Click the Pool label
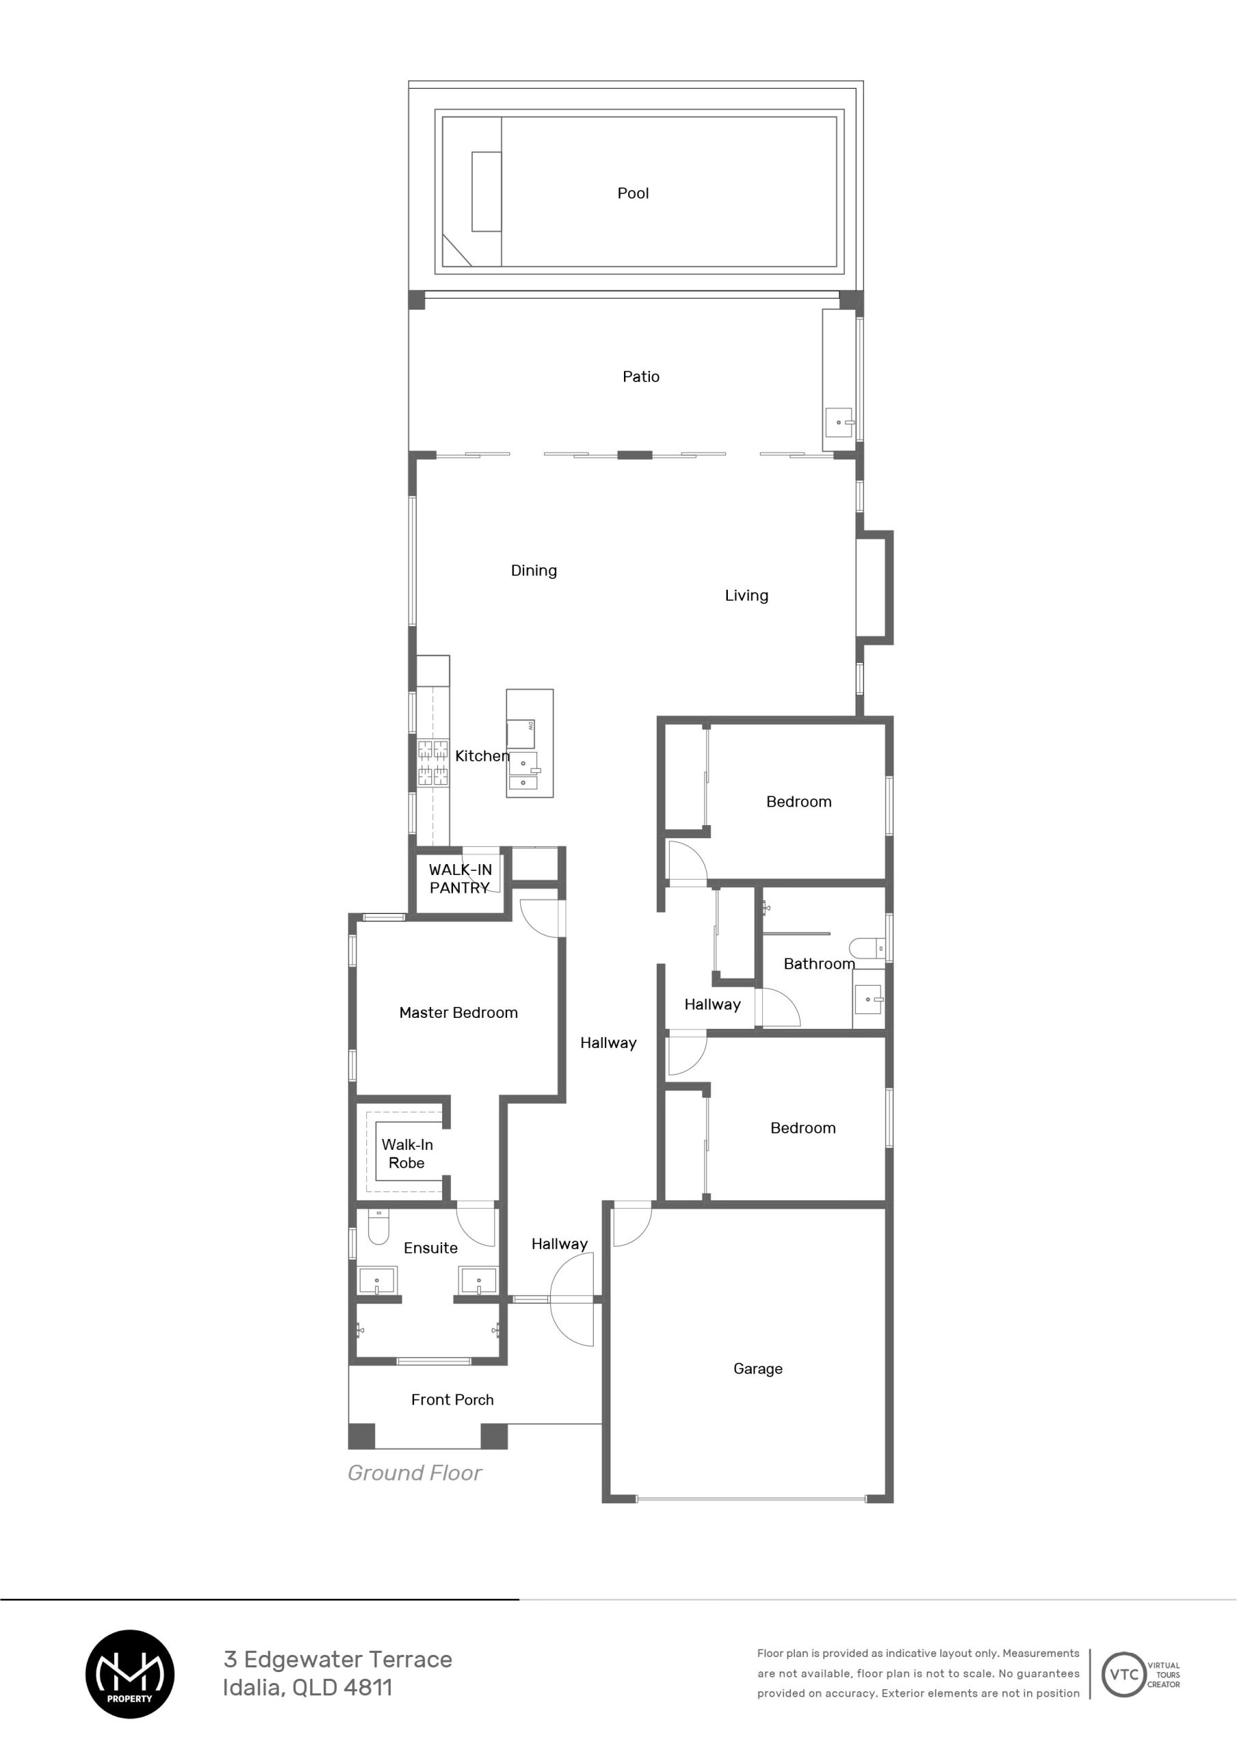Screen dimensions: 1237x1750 [633, 193]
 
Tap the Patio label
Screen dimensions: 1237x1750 [641, 377]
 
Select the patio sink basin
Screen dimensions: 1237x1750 [839, 422]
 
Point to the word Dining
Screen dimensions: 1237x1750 [534, 571]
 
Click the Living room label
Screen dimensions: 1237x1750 [746, 596]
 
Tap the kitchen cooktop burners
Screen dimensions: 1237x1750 [432, 762]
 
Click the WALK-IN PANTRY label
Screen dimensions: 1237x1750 [459, 879]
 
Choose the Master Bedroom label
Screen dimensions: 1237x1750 [458, 1013]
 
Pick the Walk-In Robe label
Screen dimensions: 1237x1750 [407, 1154]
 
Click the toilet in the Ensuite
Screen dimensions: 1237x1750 [378, 1226]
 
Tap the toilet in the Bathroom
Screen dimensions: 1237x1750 [867, 949]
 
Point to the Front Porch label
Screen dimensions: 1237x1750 [452, 1400]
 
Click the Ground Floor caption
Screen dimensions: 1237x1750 [415, 1473]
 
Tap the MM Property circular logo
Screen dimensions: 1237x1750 [130, 1674]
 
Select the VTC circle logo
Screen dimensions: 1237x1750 [1124, 1675]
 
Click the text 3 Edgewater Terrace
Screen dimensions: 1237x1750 [338, 1659]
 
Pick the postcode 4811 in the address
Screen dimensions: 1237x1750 [368, 1688]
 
